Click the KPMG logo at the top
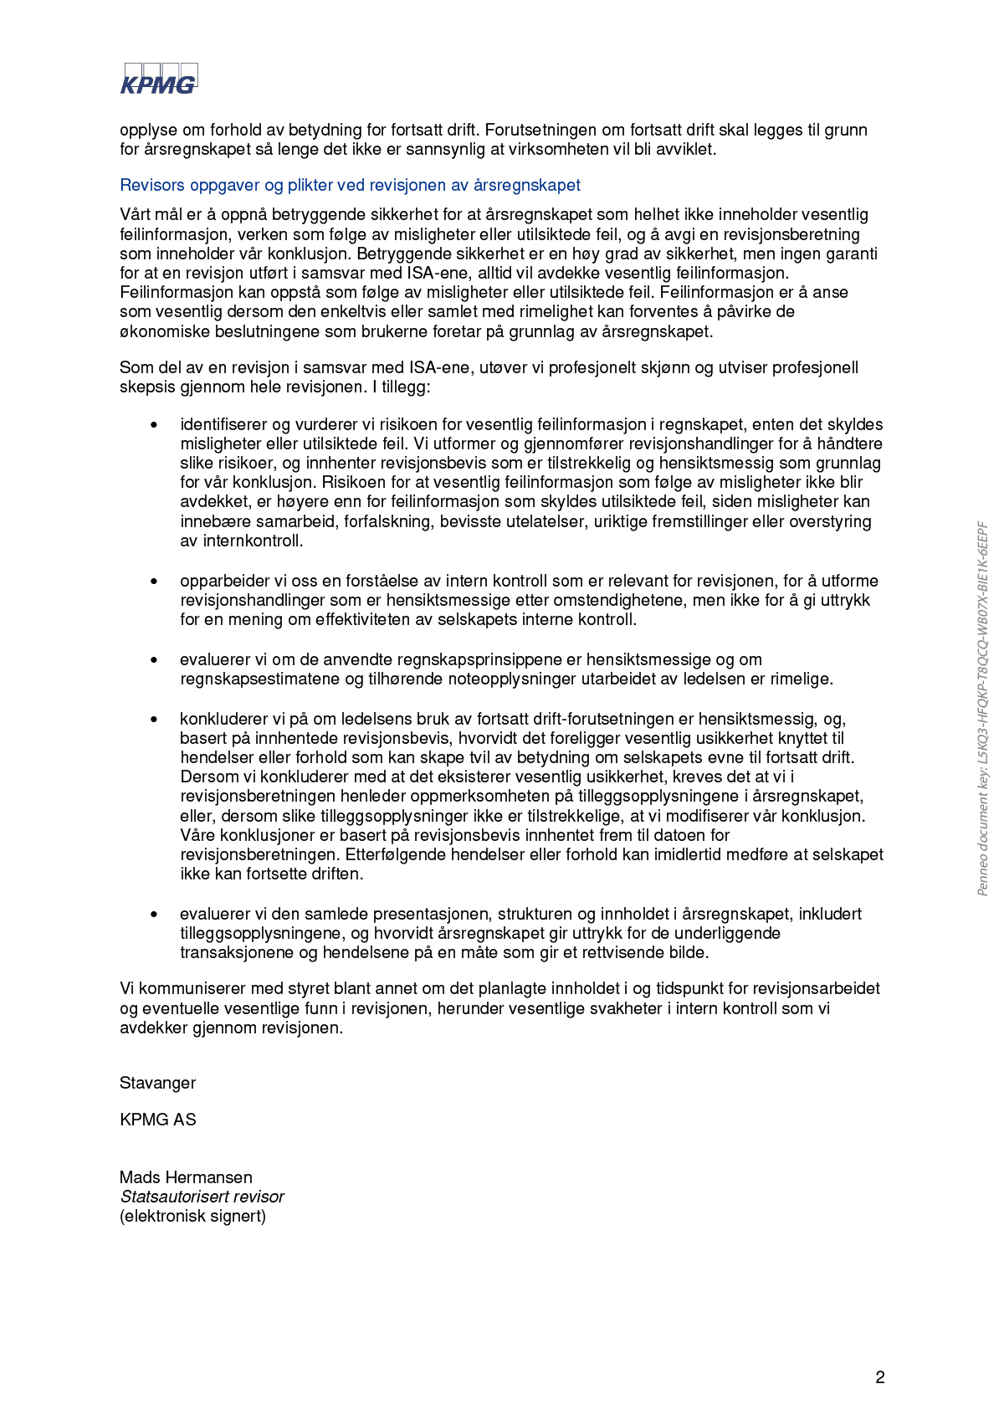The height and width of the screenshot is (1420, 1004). (159, 79)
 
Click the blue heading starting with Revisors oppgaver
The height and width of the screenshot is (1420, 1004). (350, 185)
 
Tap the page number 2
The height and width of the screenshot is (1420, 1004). (879, 1377)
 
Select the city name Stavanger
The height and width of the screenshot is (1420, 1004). (157, 1083)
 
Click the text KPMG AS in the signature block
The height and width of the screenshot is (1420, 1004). (157, 1120)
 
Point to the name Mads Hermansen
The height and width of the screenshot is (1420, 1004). (186, 1177)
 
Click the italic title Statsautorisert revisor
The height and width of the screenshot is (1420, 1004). (202, 1197)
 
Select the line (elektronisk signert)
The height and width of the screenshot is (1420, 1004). (192, 1216)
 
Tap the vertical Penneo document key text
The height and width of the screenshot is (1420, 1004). (983, 709)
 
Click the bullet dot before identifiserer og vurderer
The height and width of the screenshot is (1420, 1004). (154, 425)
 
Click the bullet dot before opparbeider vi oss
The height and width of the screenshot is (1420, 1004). (154, 582)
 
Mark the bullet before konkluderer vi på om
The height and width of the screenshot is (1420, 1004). (154, 720)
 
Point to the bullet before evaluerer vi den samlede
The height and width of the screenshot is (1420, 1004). (154, 915)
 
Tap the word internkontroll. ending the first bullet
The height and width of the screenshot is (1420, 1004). (254, 541)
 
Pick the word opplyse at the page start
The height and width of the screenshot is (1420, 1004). (148, 130)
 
